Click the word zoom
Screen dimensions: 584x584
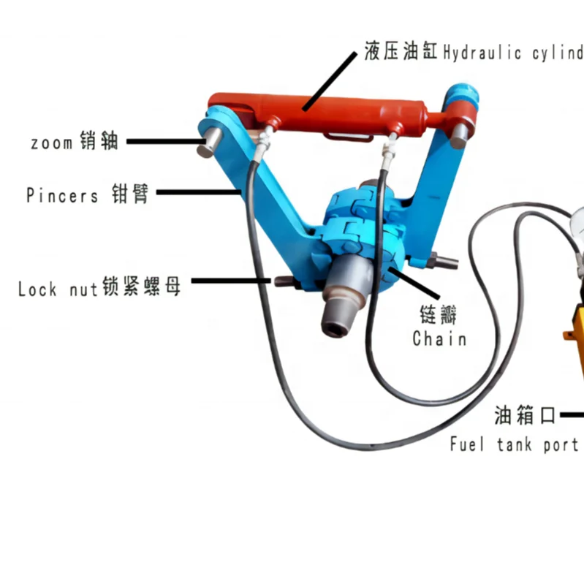pyautogui.click(x=51, y=142)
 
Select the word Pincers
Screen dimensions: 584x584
pyautogui.click(x=62, y=195)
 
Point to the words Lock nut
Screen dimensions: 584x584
pyautogui.click(x=58, y=289)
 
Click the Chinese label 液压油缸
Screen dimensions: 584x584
pyautogui.click(x=401, y=52)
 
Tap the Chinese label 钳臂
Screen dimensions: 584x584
pyautogui.click(x=130, y=194)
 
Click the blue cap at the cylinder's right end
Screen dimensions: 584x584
pyautogui.click(x=463, y=102)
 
